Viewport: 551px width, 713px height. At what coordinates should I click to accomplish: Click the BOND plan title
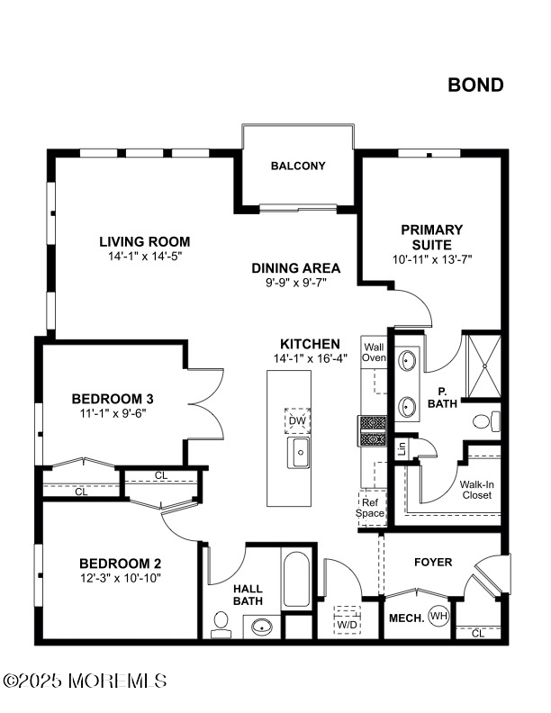[x=475, y=85]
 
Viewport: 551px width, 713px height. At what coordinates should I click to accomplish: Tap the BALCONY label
[x=298, y=166]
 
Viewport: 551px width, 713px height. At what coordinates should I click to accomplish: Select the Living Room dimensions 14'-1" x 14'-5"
[x=145, y=257]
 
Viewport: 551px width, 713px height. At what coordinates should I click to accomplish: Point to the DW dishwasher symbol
[x=298, y=420]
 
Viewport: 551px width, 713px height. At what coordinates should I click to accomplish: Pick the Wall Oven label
[x=374, y=352]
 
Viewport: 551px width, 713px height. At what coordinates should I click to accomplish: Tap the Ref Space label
[x=370, y=508]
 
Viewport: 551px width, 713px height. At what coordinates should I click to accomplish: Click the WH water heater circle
[x=439, y=617]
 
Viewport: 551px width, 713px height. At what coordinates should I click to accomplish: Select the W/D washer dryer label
[x=348, y=625]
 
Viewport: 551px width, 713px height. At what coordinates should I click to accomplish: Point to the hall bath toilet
[x=221, y=626]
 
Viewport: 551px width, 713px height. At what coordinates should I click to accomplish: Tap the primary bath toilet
[x=487, y=421]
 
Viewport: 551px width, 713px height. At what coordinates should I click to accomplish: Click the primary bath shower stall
[x=484, y=366]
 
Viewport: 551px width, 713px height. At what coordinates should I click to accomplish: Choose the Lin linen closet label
[x=402, y=449]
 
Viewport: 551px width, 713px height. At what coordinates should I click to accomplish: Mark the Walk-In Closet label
[x=477, y=490]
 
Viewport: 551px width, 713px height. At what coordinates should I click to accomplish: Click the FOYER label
[x=433, y=563]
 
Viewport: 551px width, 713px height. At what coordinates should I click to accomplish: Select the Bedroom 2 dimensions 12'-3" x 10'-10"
[x=121, y=578]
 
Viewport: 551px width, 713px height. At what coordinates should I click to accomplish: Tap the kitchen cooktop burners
[x=373, y=430]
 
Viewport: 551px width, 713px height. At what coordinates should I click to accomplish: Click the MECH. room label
[x=406, y=618]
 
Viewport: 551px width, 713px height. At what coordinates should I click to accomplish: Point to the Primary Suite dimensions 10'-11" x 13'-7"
[x=432, y=259]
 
